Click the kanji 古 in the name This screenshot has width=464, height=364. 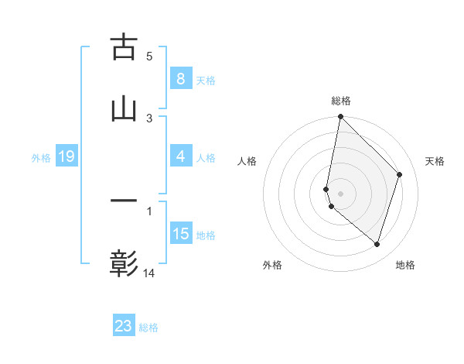click(x=124, y=48)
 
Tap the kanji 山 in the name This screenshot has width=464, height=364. click(x=124, y=110)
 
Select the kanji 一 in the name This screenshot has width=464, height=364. click(x=124, y=201)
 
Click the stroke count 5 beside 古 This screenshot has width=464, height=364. click(x=149, y=56)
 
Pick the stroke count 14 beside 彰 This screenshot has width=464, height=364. click(x=149, y=273)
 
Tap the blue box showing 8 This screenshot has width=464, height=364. click(x=180, y=78)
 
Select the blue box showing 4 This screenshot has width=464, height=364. click(x=180, y=156)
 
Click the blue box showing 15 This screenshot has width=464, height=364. click(x=180, y=234)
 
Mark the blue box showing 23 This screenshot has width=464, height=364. click(x=124, y=326)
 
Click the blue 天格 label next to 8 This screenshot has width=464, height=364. click(x=205, y=80)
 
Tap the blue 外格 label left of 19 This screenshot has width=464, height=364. click(x=41, y=158)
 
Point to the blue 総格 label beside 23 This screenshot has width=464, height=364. click(x=148, y=328)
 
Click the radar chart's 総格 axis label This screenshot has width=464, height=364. click(x=340, y=101)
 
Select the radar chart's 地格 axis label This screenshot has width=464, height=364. click(x=405, y=265)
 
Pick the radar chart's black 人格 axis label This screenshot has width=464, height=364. click(x=247, y=161)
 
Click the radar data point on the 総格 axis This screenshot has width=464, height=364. click(x=340, y=117)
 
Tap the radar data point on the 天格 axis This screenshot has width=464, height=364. click(x=400, y=174)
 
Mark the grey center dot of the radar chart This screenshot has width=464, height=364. click(x=340, y=193)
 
